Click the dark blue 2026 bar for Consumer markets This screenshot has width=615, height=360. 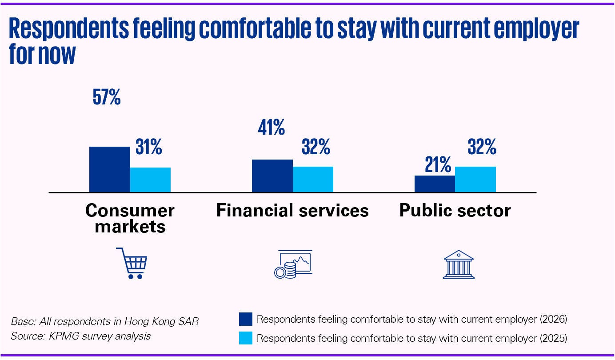tap(110, 169)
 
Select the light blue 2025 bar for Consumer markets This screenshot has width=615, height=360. tap(150, 180)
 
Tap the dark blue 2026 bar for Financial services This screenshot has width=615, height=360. tap(272, 176)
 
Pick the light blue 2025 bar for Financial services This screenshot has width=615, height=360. tap(313, 180)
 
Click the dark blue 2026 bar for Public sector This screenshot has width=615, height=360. tap(435, 184)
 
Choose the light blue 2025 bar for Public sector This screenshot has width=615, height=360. tap(475, 180)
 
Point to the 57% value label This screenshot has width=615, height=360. tap(107, 98)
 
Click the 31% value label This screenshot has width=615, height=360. tap(148, 147)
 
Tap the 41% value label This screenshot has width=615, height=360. tap(271, 128)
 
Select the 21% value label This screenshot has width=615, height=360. tap(438, 165)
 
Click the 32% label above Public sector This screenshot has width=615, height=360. tap(482, 147)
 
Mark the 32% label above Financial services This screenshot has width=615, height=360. tap(315, 147)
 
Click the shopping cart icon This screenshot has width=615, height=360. tap(132, 263)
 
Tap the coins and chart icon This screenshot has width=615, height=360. tap(292, 264)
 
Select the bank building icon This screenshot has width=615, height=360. tap(459, 264)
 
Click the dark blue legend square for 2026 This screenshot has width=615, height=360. tap(245, 319)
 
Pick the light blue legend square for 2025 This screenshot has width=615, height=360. tap(245, 338)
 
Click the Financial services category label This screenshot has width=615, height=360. tap(292, 210)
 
